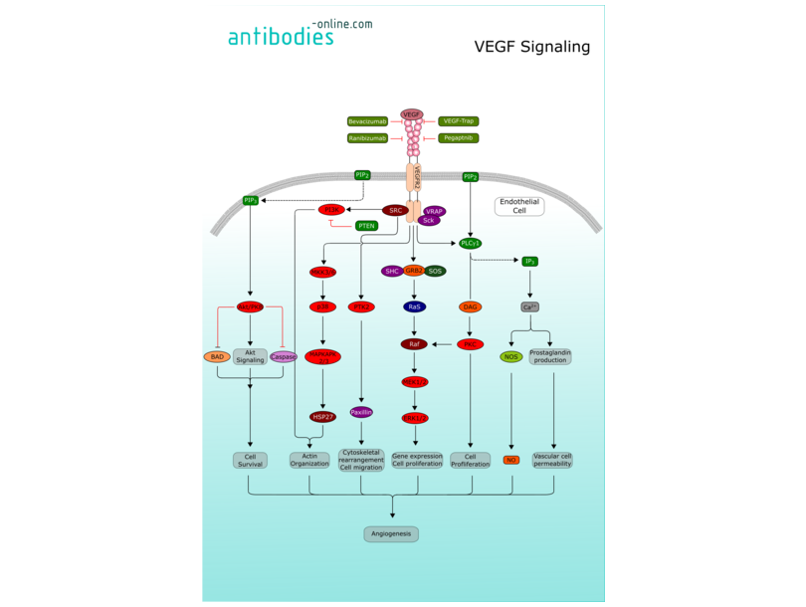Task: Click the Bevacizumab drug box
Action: click(x=367, y=121)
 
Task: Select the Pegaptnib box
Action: click(x=458, y=138)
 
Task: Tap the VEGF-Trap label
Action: click(x=458, y=121)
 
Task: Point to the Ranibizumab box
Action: click(x=367, y=138)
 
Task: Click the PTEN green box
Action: click(x=366, y=226)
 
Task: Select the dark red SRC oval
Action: click(x=396, y=210)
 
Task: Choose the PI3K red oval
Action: click(x=330, y=210)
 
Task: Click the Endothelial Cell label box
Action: click(x=518, y=206)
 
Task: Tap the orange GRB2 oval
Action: click(x=414, y=271)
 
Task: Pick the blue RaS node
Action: click(x=414, y=307)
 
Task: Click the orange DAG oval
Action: click(x=471, y=307)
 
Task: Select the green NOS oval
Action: click(x=510, y=356)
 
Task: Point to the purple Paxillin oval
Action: click(x=361, y=412)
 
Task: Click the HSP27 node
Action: click(x=322, y=417)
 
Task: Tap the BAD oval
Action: click(x=216, y=356)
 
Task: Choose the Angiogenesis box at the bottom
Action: click(x=391, y=534)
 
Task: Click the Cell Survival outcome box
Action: click(x=251, y=460)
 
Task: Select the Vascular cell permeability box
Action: click(x=552, y=460)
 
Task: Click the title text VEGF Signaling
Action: click(x=531, y=47)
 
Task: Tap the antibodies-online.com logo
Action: click(x=300, y=33)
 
